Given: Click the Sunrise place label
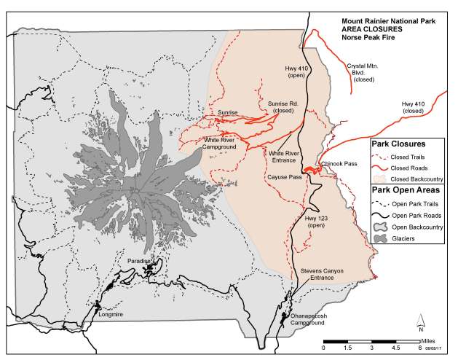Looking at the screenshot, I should (x=228, y=113).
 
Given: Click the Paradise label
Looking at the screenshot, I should (x=137, y=260).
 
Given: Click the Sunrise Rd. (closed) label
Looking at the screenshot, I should (x=283, y=108).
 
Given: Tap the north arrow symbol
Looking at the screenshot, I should (x=422, y=321).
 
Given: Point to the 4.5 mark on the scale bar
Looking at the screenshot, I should (x=396, y=348).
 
